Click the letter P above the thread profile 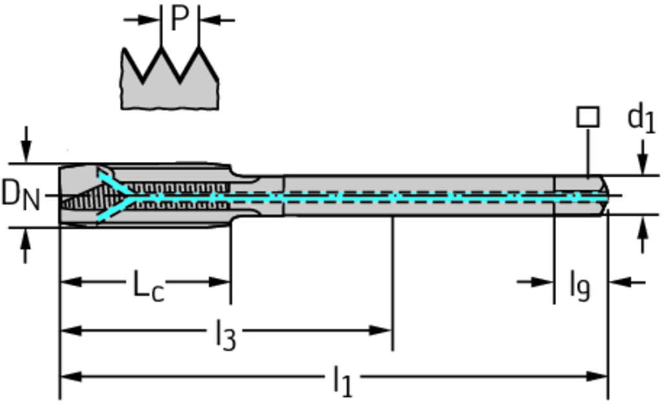pyautogui.click(x=179, y=20)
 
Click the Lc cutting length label pyautogui.click(x=148, y=286)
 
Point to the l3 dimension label pyautogui.click(x=225, y=335)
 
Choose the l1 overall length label pyautogui.click(x=343, y=381)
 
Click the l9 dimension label pyautogui.click(x=579, y=285)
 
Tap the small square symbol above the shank pyautogui.click(x=587, y=117)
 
